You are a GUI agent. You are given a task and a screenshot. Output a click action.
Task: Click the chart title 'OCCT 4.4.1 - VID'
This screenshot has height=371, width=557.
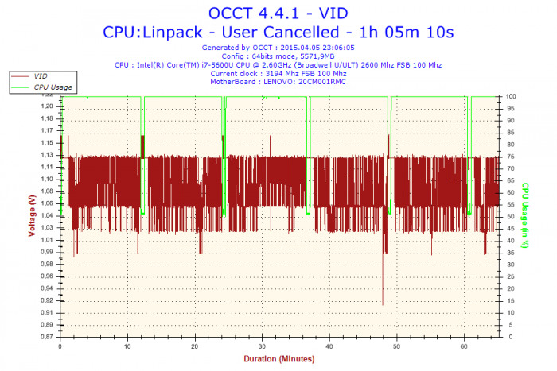point(278,13)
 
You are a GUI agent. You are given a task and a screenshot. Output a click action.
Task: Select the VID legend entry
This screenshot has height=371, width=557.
point(42,75)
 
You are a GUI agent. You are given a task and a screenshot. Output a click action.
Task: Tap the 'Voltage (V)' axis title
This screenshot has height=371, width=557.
point(32,216)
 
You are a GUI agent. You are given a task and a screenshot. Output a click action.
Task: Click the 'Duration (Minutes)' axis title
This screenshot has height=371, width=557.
point(278,358)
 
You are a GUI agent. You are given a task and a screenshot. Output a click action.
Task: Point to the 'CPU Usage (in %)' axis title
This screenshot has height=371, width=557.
point(526,216)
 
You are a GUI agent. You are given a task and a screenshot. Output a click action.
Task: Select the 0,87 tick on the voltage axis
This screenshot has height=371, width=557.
point(48,337)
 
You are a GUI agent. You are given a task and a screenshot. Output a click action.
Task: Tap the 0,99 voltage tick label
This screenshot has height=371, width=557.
point(48,252)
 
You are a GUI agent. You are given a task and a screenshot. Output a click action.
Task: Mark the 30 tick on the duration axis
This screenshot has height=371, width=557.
point(263,346)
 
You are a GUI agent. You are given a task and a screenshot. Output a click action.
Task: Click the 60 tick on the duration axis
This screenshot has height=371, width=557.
point(465,346)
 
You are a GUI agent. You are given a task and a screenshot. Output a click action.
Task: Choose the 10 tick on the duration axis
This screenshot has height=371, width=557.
point(128,346)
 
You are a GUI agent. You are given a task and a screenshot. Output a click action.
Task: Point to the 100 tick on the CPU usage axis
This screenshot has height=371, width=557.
point(512,96)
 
